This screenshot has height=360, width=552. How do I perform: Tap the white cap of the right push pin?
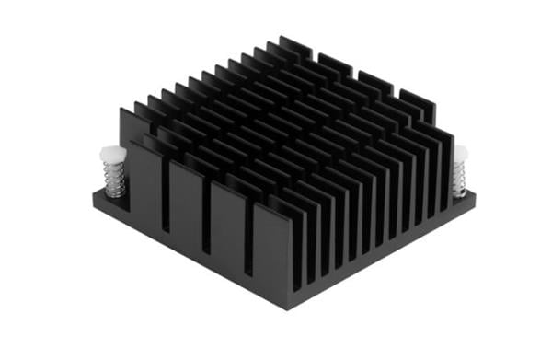[x=459, y=153]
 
